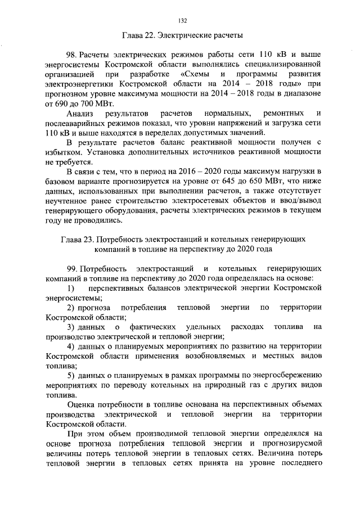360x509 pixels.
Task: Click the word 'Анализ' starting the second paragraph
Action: click(x=80, y=115)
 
